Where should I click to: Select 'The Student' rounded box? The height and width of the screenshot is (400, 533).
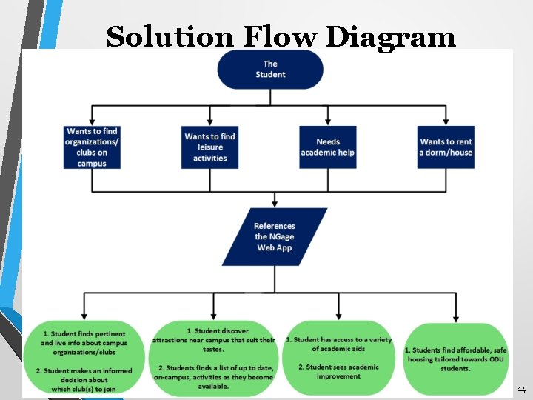click(x=270, y=69)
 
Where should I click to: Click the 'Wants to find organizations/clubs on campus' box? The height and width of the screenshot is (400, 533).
click(x=92, y=147)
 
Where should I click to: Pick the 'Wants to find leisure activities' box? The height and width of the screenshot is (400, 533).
click(x=210, y=147)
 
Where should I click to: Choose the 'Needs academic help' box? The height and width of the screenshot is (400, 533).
click(x=328, y=147)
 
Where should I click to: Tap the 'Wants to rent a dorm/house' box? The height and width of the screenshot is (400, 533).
click(x=446, y=147)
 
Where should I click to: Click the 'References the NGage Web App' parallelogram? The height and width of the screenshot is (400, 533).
click(x=275, y=237)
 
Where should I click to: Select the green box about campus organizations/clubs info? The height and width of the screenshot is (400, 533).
click(x=84, y=359)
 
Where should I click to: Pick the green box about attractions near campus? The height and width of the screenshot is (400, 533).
click(x=213, y=359)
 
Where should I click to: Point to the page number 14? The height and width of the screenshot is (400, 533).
click(x=521, y=389)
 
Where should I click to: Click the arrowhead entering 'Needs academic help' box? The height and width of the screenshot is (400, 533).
click(x=328, y=121)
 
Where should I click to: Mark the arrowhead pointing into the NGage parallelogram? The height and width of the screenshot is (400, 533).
click(x=275, y=203)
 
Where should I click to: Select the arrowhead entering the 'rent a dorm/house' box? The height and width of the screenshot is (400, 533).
click(x=446, y=121)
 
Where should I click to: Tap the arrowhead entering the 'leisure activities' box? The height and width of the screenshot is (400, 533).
click(x=210, y=121)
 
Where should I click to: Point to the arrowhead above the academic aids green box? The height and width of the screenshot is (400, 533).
click(x=338, y=316)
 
